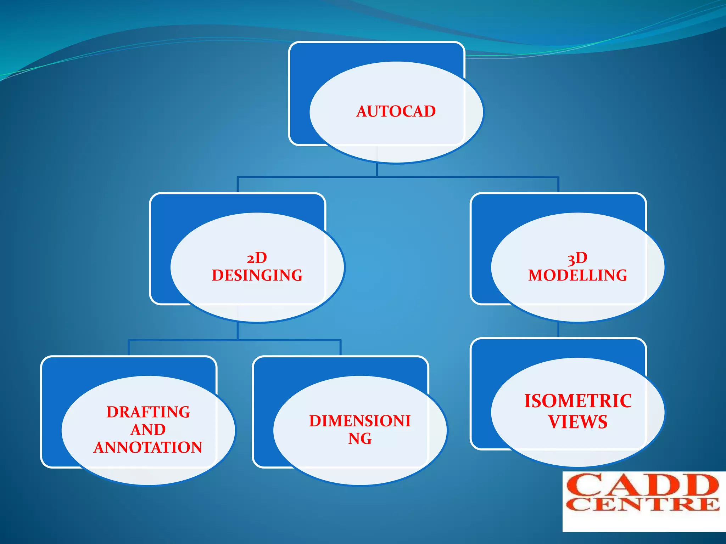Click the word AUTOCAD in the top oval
[x=396, y=112]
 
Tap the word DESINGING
[x=257, y=276]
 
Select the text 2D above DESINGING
[x=257, y=258]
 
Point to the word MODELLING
[x=577, y=276]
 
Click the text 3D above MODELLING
[x=577, y=258]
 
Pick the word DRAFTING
[x=148, y=412]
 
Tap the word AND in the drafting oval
[x=148, y=430]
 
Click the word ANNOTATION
[x=148, y=447]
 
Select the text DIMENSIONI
[x=360, y=421]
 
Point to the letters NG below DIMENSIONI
[x=360, y=439]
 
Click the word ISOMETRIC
[x=578, y=401]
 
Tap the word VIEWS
[x=578, y=422]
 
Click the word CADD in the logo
[x=642, y=485]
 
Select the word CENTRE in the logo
[x=642, y=504]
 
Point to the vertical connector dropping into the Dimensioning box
[x=340, y=348]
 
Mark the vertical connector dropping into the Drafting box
[x=129, y=348]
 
